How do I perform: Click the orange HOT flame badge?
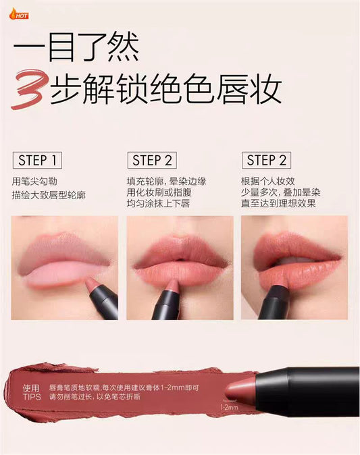point(19,14)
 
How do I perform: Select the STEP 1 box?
point(37,160)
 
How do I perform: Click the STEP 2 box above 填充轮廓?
point(152,160)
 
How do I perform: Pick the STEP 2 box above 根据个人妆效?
point(266,160)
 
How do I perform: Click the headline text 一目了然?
point(76,47)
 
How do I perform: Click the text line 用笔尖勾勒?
point(34,182)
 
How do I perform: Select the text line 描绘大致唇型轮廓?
point(49,194)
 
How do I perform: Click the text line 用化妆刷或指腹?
point(159,192)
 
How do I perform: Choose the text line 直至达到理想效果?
point(278,203)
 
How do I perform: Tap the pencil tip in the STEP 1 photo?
point(92,283)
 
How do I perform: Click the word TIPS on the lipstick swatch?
point(32,397)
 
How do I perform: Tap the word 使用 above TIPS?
point(31,388)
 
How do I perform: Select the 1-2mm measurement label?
point(230,407)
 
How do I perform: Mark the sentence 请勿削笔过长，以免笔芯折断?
point(95,397)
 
